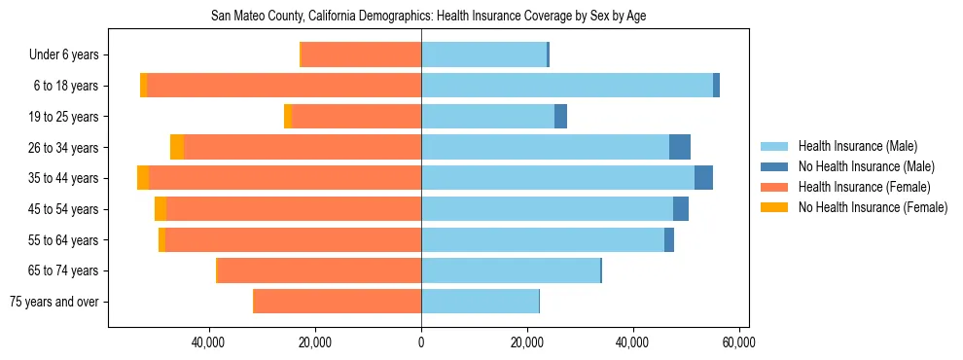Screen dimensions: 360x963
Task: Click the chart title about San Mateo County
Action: pyautogui.click(x=428, y=16)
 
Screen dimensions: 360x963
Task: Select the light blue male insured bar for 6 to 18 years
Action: pyautogui.click(x=567, y=86)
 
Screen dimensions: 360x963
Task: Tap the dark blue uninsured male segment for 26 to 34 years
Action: pyautogui.click(x=680, y=147)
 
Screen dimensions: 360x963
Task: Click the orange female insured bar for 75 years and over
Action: pyautogui.click(x=337, y=302)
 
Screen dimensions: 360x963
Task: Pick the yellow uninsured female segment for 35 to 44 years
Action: pyautogui.click(x=143, y=178)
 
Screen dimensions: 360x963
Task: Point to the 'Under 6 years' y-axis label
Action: pyautogui.click(x=69, y=54)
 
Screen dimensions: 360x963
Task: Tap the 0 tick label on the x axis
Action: pyautogui.click(x=421, y=342)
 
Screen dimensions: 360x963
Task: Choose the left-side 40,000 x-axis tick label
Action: pyautogui.click(x=209, y=342)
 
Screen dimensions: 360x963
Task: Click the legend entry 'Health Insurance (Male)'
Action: pyautogui.click(x=857, y=146)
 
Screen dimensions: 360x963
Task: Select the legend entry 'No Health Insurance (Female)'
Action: pyautogui.click(x=873, y=207)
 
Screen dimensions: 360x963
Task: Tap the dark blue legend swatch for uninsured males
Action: pyautogui.click(x=774, y=166)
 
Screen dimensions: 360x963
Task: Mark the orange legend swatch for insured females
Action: pyautogui.click(x=774, y=187)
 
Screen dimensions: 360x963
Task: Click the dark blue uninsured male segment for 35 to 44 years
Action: pyautogui.click(x=703, y=178)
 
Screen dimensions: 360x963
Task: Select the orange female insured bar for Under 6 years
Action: pyautogui.click(x=361, y=54)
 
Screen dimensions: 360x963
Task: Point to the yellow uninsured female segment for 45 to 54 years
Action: pyautogui.click(x=160, y=209)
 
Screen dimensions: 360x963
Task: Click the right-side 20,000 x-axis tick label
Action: pyautogui.click(x=526, y=342)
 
